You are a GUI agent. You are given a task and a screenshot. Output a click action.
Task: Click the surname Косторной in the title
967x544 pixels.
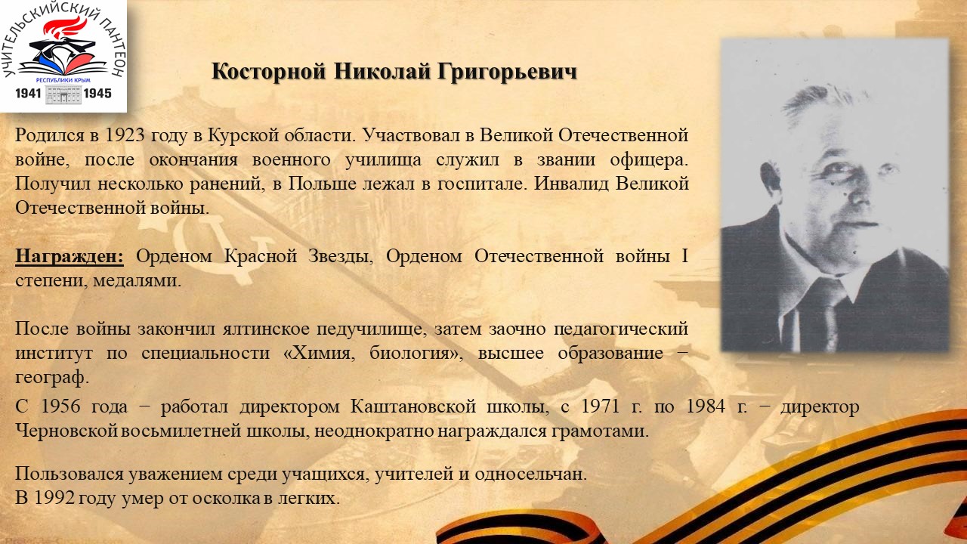coord(268,71)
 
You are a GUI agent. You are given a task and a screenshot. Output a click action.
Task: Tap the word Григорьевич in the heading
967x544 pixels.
coord(507,72)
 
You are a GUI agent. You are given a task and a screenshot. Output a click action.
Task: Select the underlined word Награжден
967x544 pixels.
coord(70,256)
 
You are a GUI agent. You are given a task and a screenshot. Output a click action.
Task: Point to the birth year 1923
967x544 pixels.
coord(125,135)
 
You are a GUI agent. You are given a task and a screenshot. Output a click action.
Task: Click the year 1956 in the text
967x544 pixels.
coord(60,406)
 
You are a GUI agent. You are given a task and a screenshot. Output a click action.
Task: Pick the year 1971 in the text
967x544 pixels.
coord(601,406)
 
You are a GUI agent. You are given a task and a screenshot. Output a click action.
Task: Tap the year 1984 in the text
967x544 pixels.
coord(706,406)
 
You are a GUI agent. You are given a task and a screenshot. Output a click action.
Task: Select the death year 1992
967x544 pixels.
coord(54,498)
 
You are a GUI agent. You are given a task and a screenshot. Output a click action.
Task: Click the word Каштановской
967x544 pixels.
coord(413,406)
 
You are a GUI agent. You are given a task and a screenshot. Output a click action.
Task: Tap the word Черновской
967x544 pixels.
coord(66,431)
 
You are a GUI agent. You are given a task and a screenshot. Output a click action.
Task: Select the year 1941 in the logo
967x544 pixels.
coord(28,93)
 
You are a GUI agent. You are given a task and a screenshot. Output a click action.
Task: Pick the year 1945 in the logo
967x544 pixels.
coord(97,93)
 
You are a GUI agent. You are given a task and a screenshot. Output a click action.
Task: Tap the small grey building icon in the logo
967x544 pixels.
coord(63,94)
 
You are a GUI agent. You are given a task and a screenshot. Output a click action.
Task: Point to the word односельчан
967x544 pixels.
coord(530,474)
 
